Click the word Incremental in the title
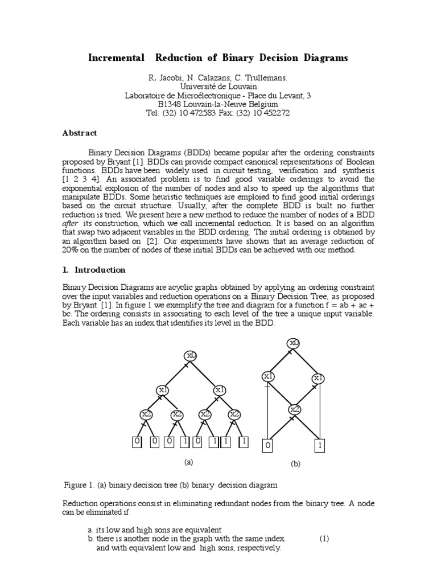coord(116,58)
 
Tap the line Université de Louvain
coord(218,86)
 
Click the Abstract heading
coord(79,133)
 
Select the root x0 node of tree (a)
coord(191,356)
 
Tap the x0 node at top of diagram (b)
coord(294,343)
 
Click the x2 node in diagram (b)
coord(294,409)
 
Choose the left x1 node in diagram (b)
coord(268,376)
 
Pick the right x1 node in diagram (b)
coord(319,379)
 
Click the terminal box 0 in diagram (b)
coord(268,446)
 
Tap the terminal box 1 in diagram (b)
coord(320,446)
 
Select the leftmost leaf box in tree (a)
coord(137,441)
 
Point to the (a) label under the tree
coord(189,462)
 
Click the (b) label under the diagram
coord(295,464)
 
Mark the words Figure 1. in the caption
coord(79,486)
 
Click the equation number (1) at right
coord(324,539)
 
